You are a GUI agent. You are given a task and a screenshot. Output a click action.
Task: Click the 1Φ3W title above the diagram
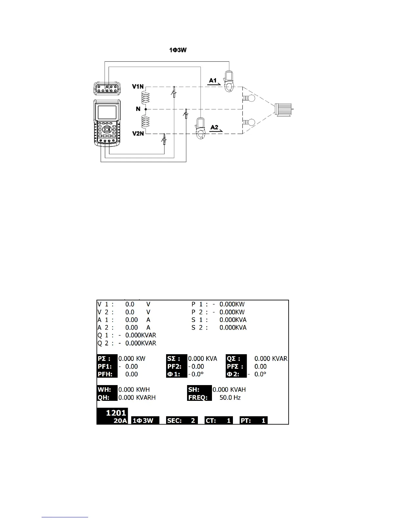coord(178,50)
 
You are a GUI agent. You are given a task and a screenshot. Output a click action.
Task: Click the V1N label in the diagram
coord(138,87)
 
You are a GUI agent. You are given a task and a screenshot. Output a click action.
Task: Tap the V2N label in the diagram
coord(138,134)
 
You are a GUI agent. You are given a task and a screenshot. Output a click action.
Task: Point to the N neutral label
coord(138,109)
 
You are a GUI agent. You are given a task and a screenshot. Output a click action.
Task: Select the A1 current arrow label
coord(213,80)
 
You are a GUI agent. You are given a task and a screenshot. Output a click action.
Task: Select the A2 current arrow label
coord(215,127)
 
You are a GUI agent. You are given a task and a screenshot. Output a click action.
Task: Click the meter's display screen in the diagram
coord(107,112)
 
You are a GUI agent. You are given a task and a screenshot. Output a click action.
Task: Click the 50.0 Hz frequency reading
coord(230,398)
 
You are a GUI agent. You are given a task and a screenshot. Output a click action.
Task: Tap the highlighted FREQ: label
coord(198,398)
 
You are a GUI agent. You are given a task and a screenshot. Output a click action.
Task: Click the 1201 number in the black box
coord(116,413)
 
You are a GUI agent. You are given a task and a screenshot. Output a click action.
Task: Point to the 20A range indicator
coord(120,421)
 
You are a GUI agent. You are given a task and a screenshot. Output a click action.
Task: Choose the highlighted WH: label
coord(105,390)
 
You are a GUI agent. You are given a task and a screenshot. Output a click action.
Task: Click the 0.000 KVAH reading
coord(229,390)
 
